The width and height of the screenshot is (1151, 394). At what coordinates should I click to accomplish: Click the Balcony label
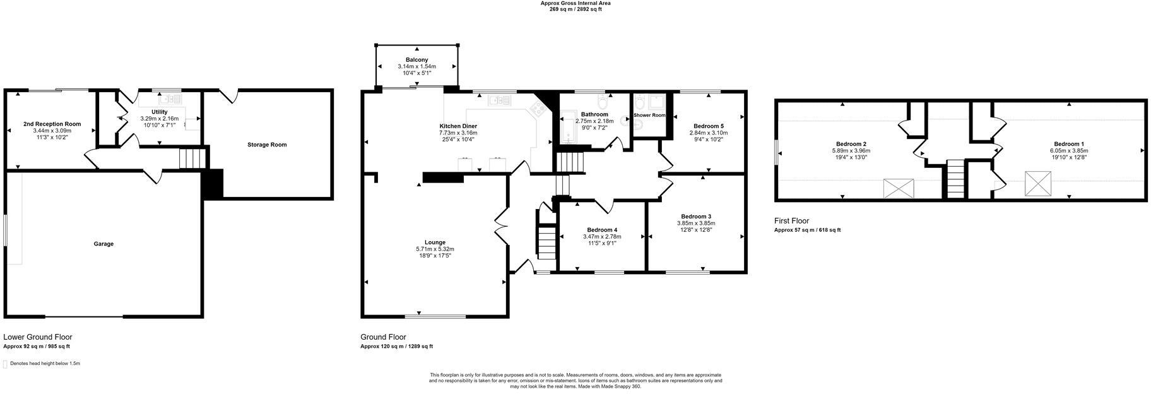point(416,60)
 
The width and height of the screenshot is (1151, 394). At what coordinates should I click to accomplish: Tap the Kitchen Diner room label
point(458,126)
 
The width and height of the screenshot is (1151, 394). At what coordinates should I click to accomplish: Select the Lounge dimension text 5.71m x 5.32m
point(435,249)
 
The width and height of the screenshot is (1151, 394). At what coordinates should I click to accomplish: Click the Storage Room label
point(267,145)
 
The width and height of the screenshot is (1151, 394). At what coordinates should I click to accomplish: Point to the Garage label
point(103,244)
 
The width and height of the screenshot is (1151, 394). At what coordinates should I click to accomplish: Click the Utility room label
point(160,112)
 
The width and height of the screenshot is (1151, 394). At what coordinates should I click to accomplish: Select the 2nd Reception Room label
point(52,124)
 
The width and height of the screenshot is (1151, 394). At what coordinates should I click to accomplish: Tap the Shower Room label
point(649,115)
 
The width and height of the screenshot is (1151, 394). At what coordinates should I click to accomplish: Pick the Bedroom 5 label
point(708,126)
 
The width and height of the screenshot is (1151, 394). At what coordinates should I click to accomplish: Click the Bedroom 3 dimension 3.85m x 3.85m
point(696,223)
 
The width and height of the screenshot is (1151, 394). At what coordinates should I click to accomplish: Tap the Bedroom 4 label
point(602,229)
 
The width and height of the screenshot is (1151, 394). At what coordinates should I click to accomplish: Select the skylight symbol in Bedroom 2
point(898,188)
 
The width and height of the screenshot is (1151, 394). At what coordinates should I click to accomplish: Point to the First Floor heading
point(791,221)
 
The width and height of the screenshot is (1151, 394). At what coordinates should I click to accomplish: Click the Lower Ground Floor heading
point(38,337)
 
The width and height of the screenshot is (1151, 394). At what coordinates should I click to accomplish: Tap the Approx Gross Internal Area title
point(575,3)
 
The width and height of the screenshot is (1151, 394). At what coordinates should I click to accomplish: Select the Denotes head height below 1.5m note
point(45,364)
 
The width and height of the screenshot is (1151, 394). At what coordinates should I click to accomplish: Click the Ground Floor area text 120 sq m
point(396,346)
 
